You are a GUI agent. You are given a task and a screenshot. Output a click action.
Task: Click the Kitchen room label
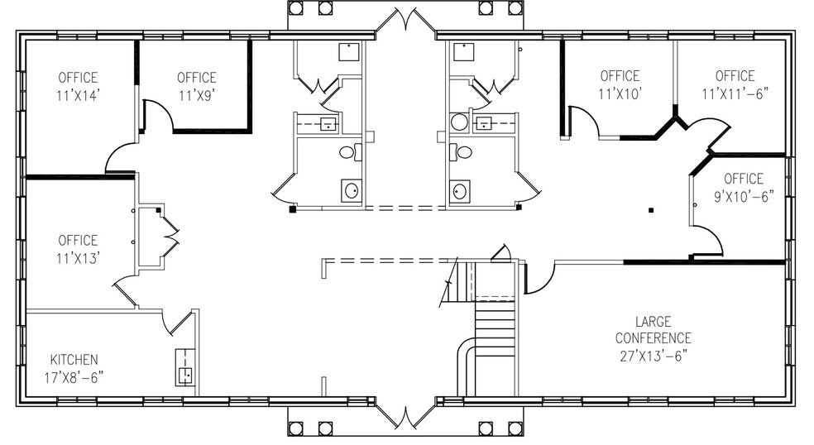tap(74, 368)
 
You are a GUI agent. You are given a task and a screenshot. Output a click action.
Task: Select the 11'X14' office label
tap(78, 86)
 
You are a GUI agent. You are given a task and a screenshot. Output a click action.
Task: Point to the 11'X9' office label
tap(196, 86)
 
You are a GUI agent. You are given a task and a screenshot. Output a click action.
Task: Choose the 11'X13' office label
tap(78, 249)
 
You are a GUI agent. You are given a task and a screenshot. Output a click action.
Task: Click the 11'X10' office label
tap(620, 84)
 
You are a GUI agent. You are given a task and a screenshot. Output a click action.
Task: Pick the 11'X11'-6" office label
tap(735, 84)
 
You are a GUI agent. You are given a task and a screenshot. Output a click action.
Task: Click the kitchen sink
tap(184, 369)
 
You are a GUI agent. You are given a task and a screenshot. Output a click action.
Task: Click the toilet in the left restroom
tap(351, 152)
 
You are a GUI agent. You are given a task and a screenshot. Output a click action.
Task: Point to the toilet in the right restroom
tap(462, 152)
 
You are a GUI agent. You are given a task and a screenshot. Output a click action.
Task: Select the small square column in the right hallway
tap(652, 209)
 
